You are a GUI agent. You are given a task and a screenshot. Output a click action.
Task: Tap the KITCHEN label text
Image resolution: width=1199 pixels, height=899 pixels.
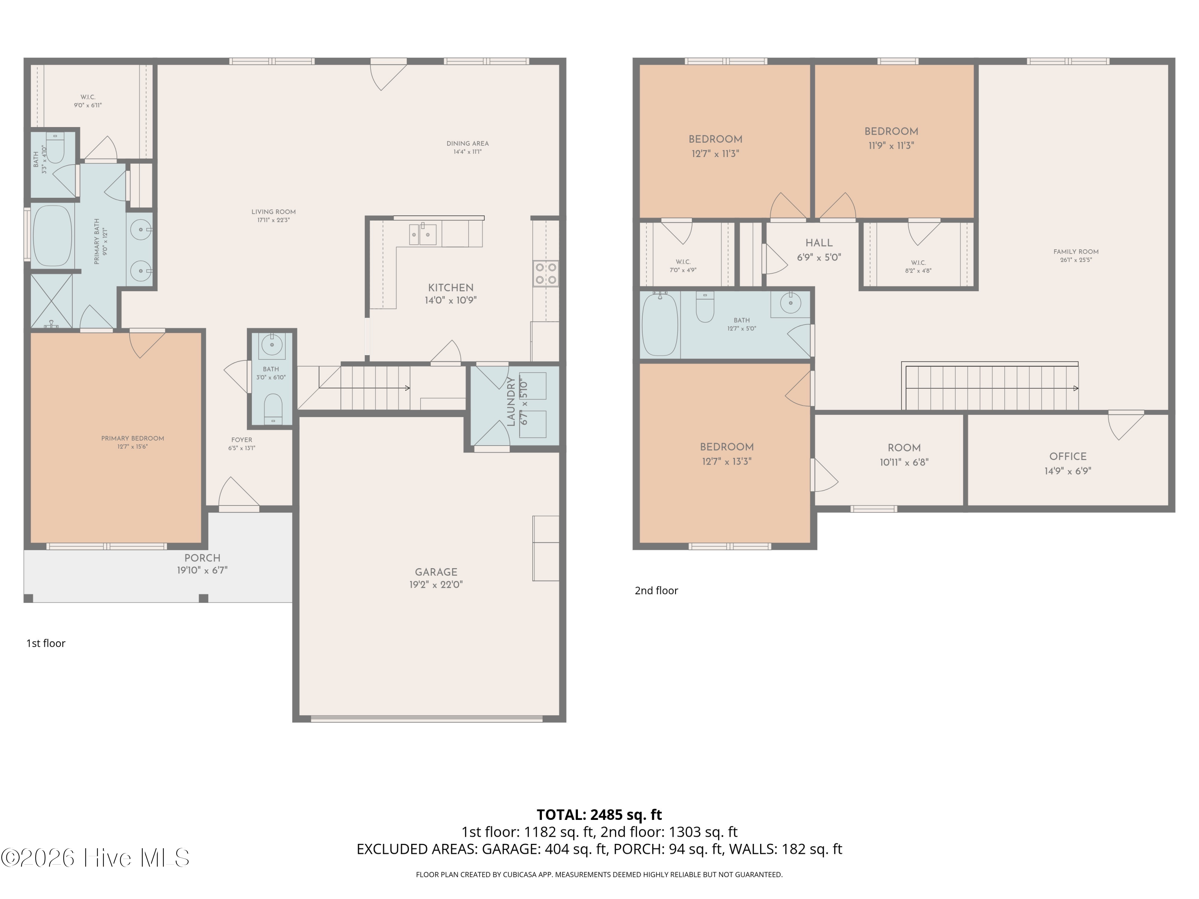[x=450, y=288]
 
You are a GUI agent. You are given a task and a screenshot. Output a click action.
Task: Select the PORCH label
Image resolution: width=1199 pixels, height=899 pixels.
[x=202, y=558]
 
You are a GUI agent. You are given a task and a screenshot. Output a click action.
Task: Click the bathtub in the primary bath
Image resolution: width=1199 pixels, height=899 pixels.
[x=53, y=236]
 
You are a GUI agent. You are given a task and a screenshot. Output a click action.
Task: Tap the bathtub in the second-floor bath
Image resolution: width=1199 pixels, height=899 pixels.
[x=660, y=324]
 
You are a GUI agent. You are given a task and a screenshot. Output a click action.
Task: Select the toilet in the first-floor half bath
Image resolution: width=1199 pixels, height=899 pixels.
[x=273, y=409]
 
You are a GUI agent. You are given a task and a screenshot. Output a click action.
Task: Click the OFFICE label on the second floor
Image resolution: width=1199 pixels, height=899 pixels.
[x=1068, y=457]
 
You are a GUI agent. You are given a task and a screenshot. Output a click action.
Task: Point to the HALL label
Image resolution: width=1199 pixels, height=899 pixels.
[x=819, y=243]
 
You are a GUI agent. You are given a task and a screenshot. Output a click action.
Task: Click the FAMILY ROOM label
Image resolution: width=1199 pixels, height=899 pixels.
[x=1076, y=251]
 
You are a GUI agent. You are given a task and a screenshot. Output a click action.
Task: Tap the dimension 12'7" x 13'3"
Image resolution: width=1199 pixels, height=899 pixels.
[x=726, y=462]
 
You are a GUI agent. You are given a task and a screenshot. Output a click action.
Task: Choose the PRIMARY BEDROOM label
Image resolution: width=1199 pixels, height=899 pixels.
[x=132, y=438]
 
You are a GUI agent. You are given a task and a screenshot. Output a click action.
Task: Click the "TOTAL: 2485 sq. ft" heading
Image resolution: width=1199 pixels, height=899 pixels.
[x=599, y=814]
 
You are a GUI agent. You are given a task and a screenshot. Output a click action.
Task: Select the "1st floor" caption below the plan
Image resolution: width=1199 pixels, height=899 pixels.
[x=46, y=643]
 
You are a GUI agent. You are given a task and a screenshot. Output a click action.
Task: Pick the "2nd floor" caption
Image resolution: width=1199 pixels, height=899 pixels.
[x=656, y=591]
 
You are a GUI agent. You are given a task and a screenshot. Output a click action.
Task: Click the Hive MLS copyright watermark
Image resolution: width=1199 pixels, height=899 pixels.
[x=96, y=858]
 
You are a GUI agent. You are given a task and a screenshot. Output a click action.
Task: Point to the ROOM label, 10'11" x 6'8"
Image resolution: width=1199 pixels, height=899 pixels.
[x=904, y=448]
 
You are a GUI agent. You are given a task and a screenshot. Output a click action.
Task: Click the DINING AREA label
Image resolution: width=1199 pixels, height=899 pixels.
[x=467, y=143]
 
